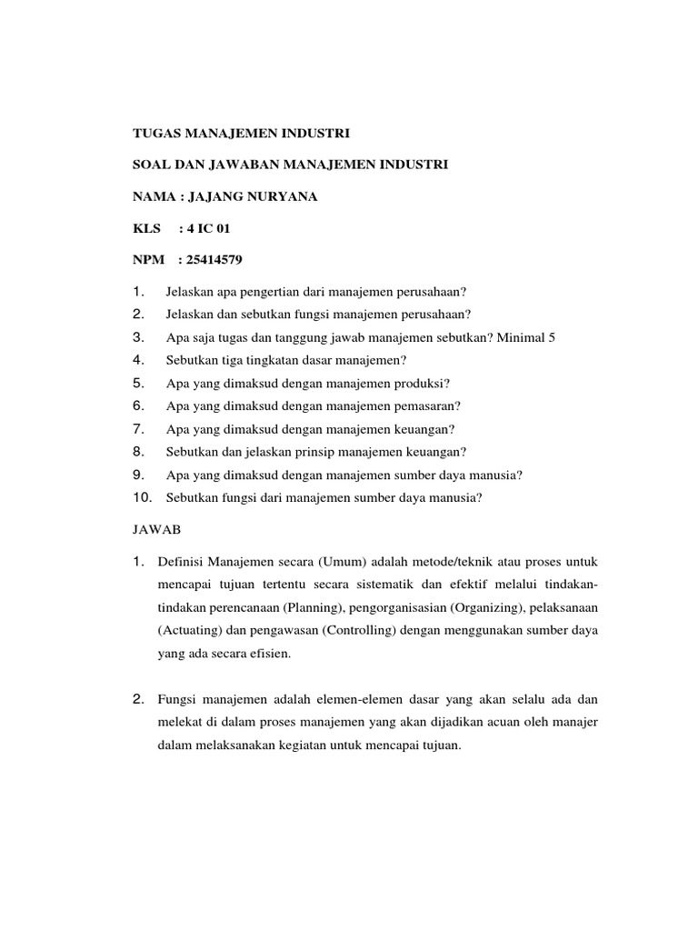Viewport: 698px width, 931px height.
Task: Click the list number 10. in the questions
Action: (x=142, y=496)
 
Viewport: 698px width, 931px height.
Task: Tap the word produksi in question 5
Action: (x=423, y=383)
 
